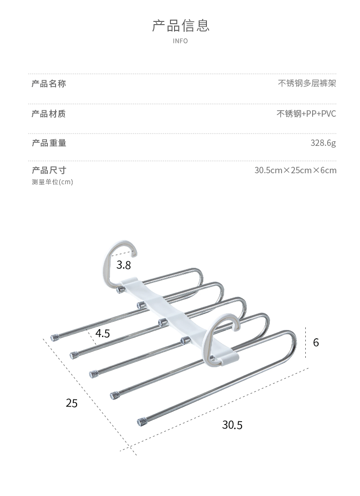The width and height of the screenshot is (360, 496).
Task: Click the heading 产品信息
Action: tap(180, 26)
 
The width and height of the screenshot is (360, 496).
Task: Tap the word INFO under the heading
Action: tap(180, 41)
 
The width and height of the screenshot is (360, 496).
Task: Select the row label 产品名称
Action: tap(49, 83)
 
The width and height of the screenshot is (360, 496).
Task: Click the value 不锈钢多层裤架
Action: tap(307, 83)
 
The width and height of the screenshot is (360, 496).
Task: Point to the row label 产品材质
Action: tap(49, 114)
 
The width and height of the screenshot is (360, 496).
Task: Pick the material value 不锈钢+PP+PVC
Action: tap(306, 114)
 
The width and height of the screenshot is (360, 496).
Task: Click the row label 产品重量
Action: tap(49, 143)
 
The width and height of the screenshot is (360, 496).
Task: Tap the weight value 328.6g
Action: tap(323, 143)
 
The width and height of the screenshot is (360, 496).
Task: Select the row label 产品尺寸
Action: tap(49, 170)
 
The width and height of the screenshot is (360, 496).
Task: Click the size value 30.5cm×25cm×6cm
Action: tap(295, 170)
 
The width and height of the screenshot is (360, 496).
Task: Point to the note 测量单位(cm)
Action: tap(52, 182)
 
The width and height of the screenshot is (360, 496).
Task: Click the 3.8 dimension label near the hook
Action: tap(123, 265)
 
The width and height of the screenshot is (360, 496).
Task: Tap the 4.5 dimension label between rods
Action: tap(103, 333)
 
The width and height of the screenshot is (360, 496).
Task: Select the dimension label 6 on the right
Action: tap(316, 342)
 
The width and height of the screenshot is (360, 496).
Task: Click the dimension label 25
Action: tap(72, 403)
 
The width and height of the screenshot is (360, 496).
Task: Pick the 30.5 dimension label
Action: tap(232, 425)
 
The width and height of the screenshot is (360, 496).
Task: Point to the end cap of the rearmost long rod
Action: tap(55, 338)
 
